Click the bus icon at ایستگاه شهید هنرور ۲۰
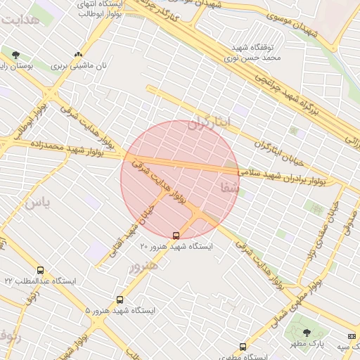pyautogui.click(x=176, y=236)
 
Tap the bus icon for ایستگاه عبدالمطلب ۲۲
pyautogui.click(x=40, y=270)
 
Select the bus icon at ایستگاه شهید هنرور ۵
pyautogui.click(x=120, y=300)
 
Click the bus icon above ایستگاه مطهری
pyautogui.click(x=243, y=347)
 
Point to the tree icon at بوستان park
pyautogui.click(x=15, y=54)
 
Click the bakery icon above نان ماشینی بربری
pyautogui.click(x=78, y=54)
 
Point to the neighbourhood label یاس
pyautogui.click(x=38, y=204)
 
